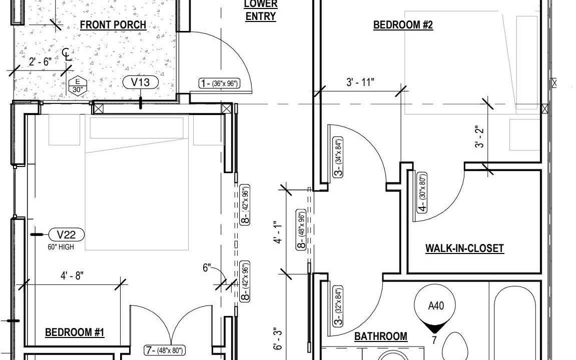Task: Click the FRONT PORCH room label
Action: (113, 25)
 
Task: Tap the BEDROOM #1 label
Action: (75, 332)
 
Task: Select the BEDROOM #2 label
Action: (403, 25)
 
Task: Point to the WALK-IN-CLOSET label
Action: (464, 248)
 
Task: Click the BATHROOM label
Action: (380, 336)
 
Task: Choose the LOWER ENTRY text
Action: (261, 10)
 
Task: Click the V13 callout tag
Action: (141, 82)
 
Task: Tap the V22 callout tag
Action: (66, 234)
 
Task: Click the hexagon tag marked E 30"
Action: (78, 86)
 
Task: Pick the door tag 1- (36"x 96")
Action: (219, 83)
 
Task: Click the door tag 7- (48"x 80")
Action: (164, 350)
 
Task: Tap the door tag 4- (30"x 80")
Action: (423, 192)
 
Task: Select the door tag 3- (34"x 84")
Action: (338, 157)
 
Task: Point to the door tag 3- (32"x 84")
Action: (338, 306)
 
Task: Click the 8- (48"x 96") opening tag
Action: (301, 230)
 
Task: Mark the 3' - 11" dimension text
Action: (360, 82)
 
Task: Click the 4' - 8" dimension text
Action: (72, 275)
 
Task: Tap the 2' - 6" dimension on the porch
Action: (40, 61)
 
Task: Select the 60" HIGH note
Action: (61, 247)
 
